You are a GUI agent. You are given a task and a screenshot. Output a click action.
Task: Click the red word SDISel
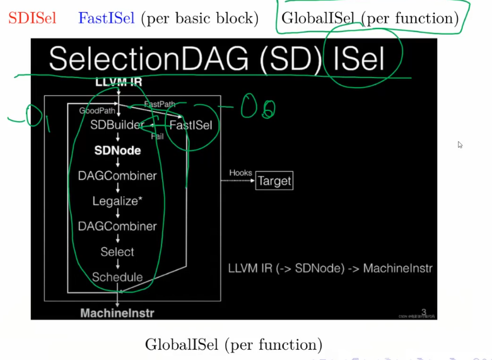[32, 18]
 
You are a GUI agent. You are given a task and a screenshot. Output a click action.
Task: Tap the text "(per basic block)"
[200, 18]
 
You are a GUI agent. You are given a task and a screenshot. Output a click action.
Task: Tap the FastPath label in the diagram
[161, 104]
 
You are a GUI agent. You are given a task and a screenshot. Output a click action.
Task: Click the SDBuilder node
[117, 125]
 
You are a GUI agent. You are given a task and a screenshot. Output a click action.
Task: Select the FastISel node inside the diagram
[190, 125]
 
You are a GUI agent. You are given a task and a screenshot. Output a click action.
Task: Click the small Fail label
[157, 136]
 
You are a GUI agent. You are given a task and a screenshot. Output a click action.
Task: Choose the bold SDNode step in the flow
[117, 151]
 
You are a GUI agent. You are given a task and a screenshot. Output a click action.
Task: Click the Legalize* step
[117, 201]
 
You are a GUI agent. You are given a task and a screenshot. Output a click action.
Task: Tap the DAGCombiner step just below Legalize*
[117, 226]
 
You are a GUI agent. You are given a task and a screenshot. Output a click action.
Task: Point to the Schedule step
[117, 277]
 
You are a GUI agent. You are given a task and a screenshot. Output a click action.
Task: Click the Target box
[274, 182]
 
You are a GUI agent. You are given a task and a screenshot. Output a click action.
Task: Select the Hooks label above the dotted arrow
[240, 172]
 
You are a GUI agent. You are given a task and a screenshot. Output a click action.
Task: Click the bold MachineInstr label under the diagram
[117, 313]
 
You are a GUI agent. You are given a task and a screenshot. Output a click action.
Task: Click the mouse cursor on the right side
[460, 145]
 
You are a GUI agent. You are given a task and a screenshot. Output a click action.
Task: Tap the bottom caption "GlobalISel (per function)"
[233, 345]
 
